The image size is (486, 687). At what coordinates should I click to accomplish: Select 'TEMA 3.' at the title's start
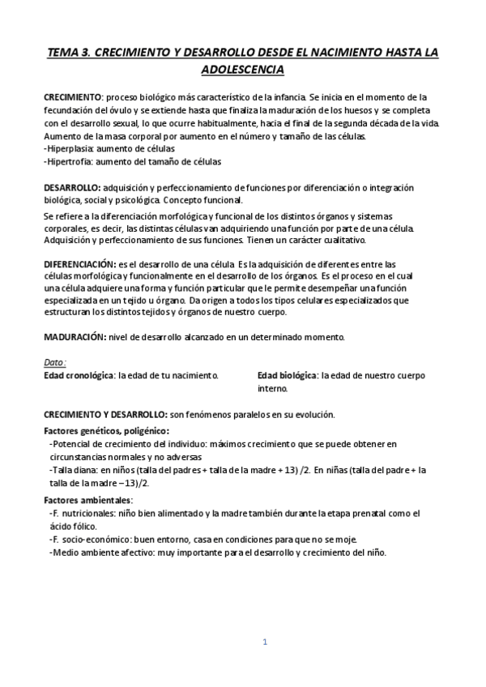tap(68, 52)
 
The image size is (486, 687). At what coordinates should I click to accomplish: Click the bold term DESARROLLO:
tap(73, 188)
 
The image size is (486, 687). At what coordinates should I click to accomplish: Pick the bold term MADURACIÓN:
tap(74, 336)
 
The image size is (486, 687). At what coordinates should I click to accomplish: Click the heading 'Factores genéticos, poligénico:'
tap(105, 431)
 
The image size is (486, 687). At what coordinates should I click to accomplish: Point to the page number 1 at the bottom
tap(265, 642)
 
